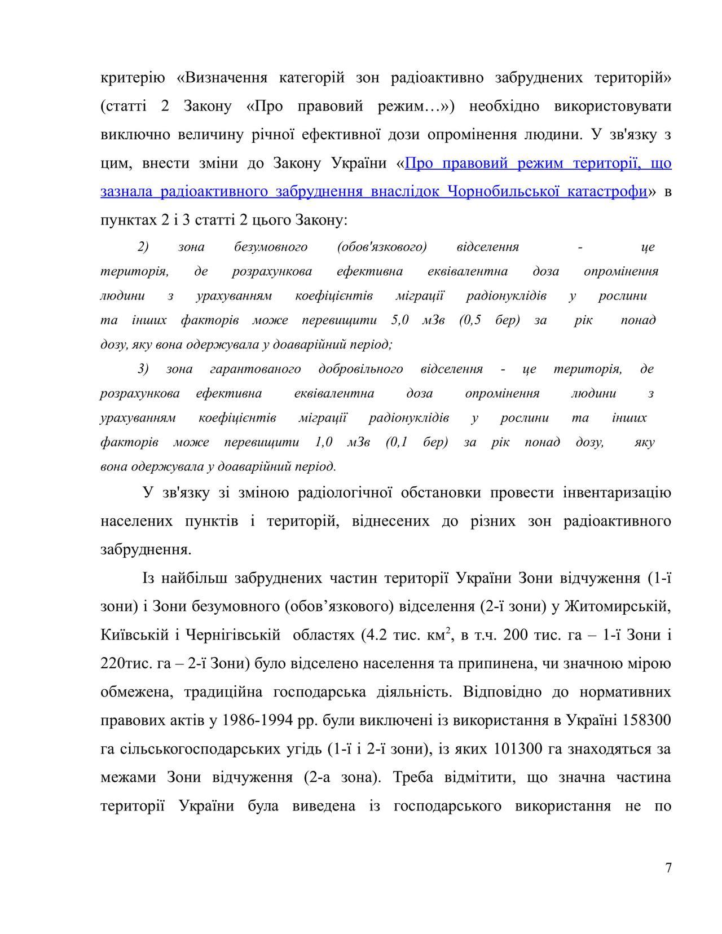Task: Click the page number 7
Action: coord(668,868)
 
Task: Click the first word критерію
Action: coord(133,78)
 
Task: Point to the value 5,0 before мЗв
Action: coord(399,320)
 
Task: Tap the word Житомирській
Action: coord(618,606)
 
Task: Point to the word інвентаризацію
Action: coord(617,493)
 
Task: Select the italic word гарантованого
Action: coord(255,369)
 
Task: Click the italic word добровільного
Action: coord(360,369)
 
